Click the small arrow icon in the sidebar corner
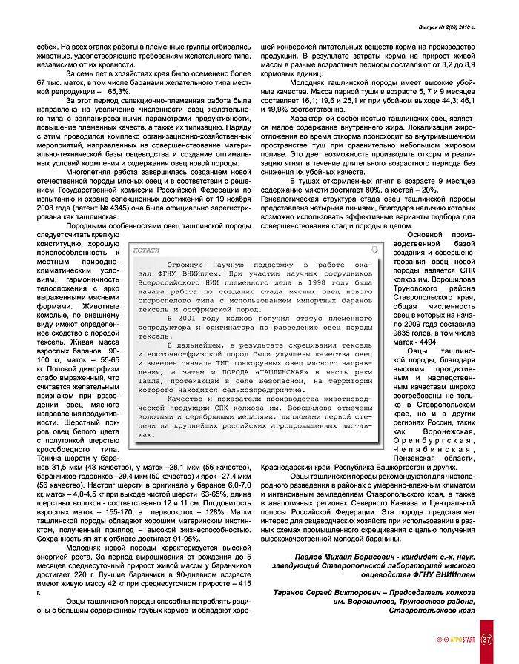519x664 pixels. coord(375,249)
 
